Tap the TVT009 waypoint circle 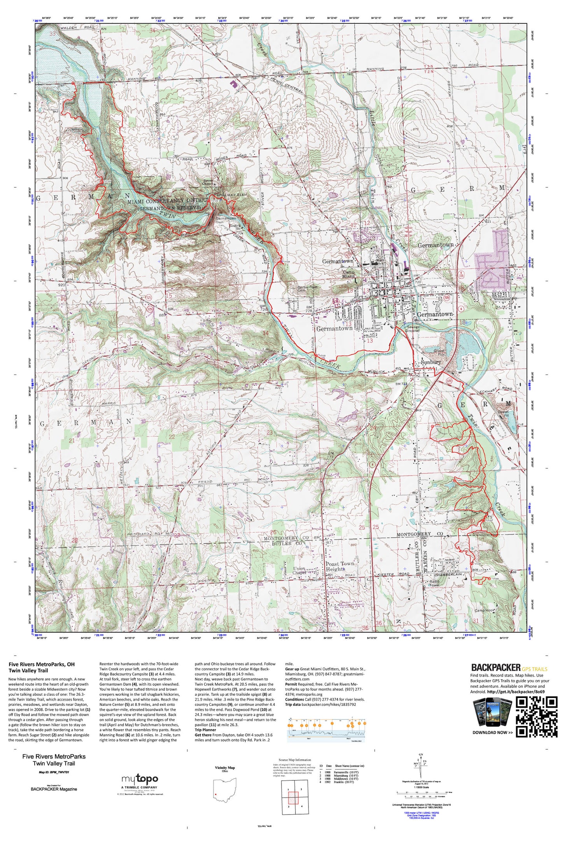click(489, 579)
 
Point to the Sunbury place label click(431, 362)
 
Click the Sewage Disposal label click(413, 329)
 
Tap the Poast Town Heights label click(340, 566)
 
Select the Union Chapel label click(299, 570)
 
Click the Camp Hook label click(485, 610)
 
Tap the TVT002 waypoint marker click(315, 355)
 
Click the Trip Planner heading click(205, 730)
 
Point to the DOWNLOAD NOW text click(492, 733)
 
